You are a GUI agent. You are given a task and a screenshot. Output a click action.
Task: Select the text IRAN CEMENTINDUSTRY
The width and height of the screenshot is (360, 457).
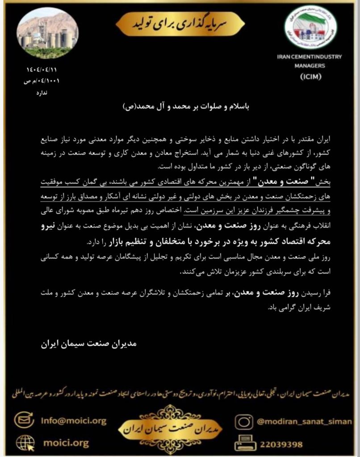click(309, 57)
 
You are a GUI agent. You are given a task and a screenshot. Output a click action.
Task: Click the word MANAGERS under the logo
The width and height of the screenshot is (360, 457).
click(308, 65)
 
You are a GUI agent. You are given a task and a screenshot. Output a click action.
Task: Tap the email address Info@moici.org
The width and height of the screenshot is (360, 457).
click(73, 420)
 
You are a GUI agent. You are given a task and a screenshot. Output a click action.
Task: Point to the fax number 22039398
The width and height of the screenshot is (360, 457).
click(280, 444)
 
